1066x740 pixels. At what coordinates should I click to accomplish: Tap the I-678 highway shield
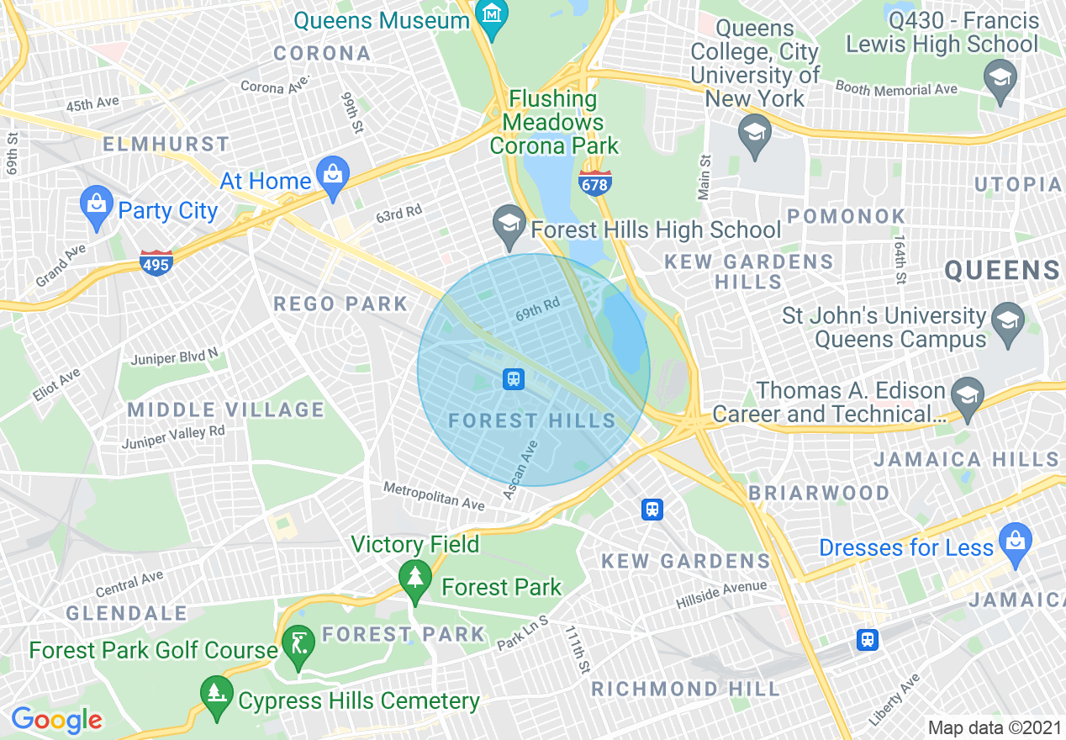(594, 182)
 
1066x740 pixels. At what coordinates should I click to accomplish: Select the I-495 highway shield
(156, 263)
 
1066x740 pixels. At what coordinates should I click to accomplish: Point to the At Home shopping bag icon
(334, 176)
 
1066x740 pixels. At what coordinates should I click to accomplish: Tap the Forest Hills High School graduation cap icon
(509, 225)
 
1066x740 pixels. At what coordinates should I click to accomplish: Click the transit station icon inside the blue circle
(514, 379)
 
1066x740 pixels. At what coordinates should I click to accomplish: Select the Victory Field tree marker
(414, 578)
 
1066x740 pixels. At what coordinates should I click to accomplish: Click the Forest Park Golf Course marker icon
(298, 645)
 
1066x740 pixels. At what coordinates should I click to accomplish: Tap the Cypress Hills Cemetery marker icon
(217, 695)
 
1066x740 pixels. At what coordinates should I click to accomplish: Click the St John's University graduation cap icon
(1007, 321)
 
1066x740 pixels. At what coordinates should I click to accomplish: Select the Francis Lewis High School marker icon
(1000, 78)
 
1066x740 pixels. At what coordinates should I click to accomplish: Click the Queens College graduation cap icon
(754, 134)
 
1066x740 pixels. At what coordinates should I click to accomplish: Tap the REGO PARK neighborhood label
(340, 304)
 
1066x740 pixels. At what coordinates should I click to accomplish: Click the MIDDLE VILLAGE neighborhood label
(225, 410)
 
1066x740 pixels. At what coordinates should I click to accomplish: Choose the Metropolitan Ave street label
(434, 495)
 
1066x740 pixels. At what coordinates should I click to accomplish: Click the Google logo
(56, 720)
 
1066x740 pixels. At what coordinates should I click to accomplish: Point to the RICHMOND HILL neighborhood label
(685, 689)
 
